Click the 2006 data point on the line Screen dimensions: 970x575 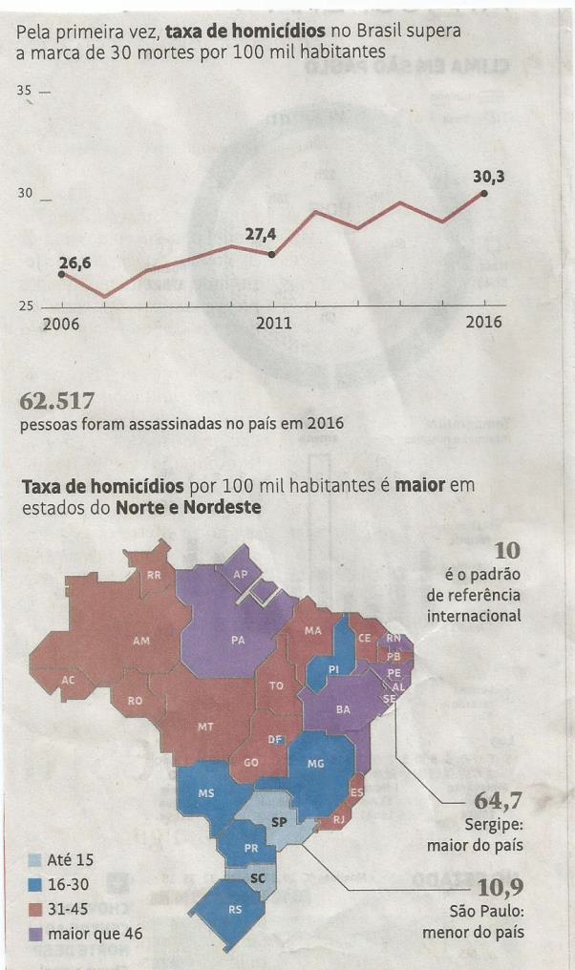coord(62,274)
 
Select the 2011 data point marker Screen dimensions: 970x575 coord(272,254)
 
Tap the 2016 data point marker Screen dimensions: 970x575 coord(484,193)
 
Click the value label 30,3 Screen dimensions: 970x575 coord(491,176)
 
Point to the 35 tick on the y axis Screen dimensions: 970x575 coord(25,92)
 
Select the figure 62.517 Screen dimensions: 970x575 coord(57,400)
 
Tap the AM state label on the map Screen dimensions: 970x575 coord(140,641)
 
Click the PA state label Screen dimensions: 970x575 coord(239,641)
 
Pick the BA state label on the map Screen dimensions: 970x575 coord(342,709)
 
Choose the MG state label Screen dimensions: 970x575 coord(316,764)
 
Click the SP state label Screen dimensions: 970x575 coord(280,821)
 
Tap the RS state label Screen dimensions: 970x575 coord(235,910)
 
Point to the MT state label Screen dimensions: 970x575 coord(205,727)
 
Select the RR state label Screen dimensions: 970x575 coord(154,576)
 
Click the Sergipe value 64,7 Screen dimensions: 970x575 coord(498,800)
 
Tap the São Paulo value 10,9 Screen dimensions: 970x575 coord(498,888)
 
